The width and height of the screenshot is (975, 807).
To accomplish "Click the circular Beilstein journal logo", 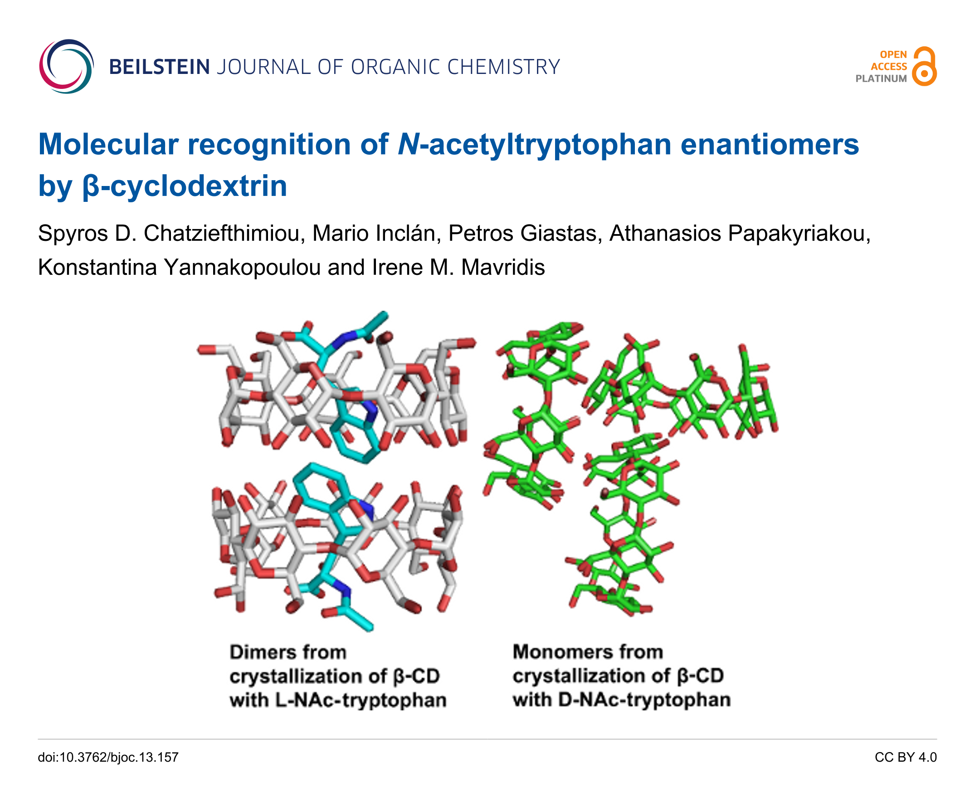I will [x=66, y=66].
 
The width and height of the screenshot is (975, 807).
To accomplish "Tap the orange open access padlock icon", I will [x=923, y=66].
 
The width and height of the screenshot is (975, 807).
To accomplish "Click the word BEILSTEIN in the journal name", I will [x=159, y=67].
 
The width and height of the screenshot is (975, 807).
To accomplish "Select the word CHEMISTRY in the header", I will [x=503, y=67].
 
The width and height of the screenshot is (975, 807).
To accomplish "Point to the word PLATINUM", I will [x=881, y=79].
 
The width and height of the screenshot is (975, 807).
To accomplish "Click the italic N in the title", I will [x=408, y=144].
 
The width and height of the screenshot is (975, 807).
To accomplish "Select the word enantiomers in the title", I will [x=769, y=144].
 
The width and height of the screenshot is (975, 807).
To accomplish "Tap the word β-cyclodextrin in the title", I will [x=184, y=186].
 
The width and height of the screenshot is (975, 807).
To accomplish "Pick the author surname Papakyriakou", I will [x=799, y=234].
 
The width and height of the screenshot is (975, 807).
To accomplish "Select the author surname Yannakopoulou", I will [x=242, y=268].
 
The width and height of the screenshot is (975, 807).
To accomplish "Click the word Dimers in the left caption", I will [x=262, y=652].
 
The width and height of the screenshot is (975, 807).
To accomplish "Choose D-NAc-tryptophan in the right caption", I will [x=644, y=700].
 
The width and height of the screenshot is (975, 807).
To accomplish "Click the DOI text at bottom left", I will [x=108, y=757].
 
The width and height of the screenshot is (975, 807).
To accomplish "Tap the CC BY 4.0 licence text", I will [x=905, y=757].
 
